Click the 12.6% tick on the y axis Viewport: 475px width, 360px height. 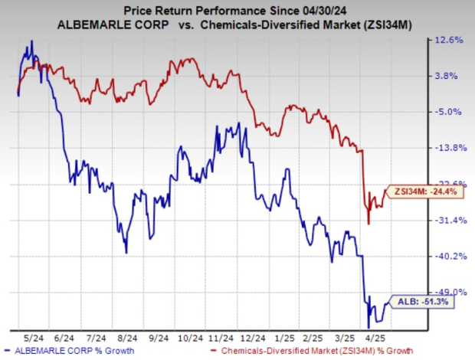click(x=450, y=40)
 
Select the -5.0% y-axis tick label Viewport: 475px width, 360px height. click(x=450, y=112)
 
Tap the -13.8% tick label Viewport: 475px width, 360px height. click(x=449, y=148)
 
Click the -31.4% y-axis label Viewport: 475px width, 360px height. click(x=449, y=220)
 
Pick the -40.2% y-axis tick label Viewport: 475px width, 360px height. click(x=449, y=256)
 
